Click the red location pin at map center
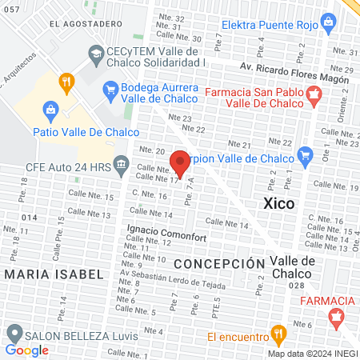point(180,162)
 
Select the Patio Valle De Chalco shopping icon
point(50,109)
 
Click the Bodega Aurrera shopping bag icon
point(110,88)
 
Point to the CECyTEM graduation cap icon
point(96,54)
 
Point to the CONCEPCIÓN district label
point(219,263)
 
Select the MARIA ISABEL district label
point(54,274)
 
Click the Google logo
point(26,350)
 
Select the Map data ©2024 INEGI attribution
point(312,353)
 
